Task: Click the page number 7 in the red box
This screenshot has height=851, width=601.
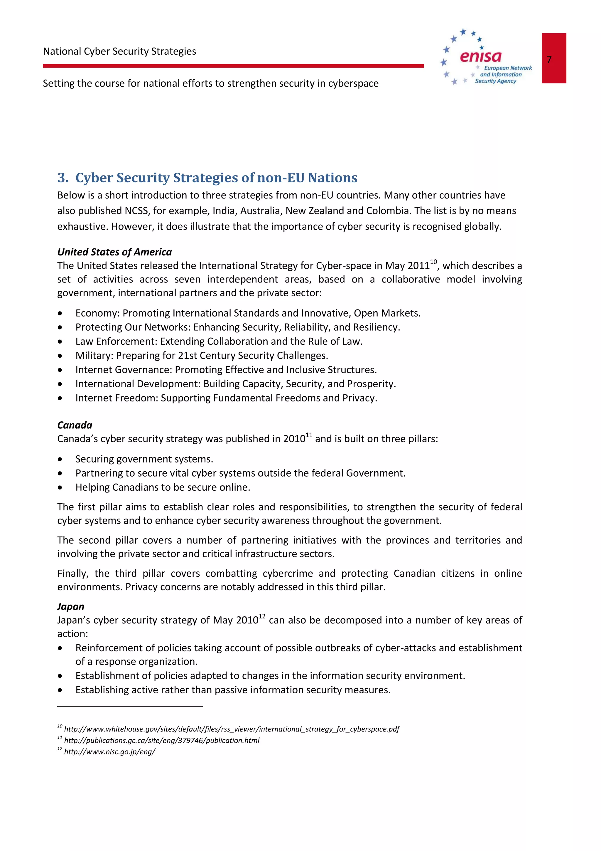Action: click(549, 59)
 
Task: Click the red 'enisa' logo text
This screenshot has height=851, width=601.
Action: click(480, 57)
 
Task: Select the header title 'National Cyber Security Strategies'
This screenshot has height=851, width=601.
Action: click(119, 51)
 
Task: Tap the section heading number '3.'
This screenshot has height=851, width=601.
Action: click(63, 178)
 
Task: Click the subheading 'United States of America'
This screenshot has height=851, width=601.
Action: click(114, 252)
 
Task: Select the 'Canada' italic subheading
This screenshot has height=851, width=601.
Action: click(75, 425)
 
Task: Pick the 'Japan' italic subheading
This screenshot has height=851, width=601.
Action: click(70, 606)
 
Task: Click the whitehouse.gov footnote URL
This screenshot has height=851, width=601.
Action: click(232, 729)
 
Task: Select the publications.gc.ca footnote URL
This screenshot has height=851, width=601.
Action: click(161, 740)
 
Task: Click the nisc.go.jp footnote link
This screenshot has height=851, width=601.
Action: click(110, 752)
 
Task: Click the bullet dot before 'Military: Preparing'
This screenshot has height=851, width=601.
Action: click(60, 356)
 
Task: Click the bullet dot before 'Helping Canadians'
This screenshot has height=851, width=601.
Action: click(60, 488)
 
